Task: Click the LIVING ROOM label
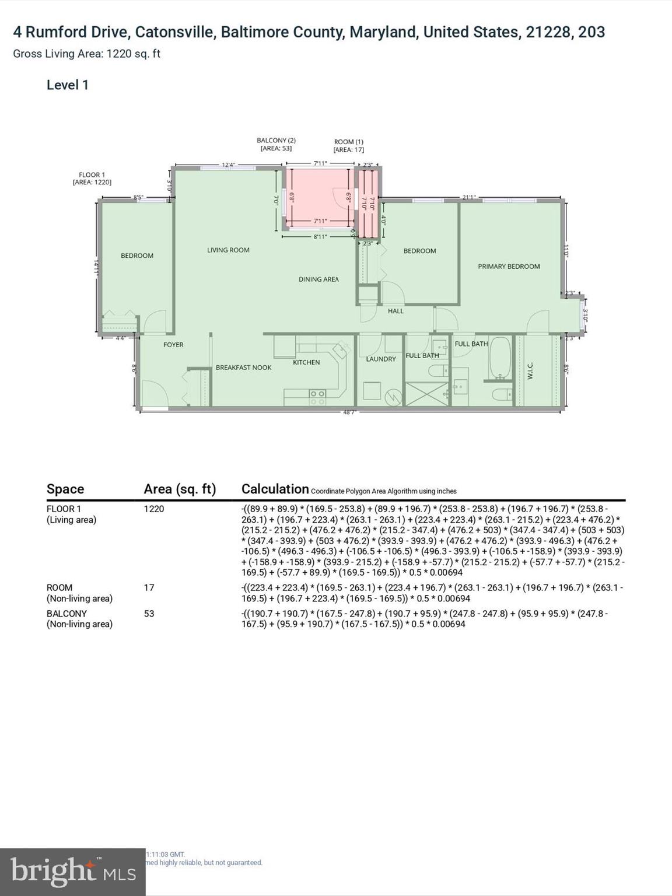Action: pyautogui.click(x=228, y=250)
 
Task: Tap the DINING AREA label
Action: pyautogui.click(x=318, y=279)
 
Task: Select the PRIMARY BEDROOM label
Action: pyautogui.click(x=509, y=267)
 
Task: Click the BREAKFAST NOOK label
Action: pyautogui.click(x=243, y=367)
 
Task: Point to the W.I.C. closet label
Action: pyautogui.click(x=530, y=371)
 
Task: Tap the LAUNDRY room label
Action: pyautogui.click(x=380, y=359)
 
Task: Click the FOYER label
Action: pyautogui.click(x=173, y=345)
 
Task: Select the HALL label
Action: pyautogui.click(x=395, y=311)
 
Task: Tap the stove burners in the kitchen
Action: pyautogui.click(x=317, y=398)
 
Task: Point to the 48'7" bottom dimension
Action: pyautogui.click(x=349, y=412)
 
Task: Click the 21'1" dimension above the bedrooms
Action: pyautogui.click(x=468, y=198)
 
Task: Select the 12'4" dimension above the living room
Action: pyautogui.click(x=228, y=165)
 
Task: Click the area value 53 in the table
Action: pyautogui.click(x=149, y=614)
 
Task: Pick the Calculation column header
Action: pyautogui.click(x=275, y=489)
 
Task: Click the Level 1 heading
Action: pyautogui.click(x=68, y=85)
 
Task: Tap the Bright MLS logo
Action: pyautogui.click(x=72, y=871)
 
